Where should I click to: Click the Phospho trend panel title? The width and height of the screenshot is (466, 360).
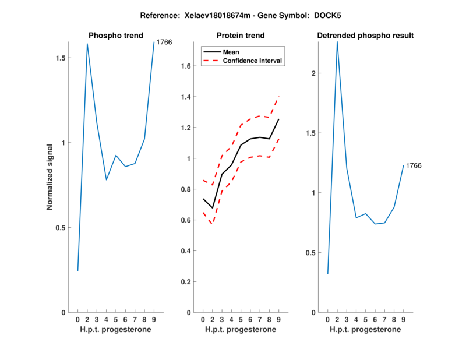click(x=115, y=36)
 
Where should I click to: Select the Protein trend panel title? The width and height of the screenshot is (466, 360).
click(x=241, y=36)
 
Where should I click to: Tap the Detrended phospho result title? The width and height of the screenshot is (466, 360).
click(x=365, y=36)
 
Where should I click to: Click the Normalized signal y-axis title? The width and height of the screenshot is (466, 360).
click(x=50, y=177)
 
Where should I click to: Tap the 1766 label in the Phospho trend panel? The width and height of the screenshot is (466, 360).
click(x=164, y=42)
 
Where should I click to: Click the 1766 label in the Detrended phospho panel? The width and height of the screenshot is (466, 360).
click(x=414, y=165)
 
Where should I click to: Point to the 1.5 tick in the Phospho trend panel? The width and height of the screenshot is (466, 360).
click(x=61, y=58)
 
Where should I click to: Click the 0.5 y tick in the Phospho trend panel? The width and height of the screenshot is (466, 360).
click(x=61, y=228)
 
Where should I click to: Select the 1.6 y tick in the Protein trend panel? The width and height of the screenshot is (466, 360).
click(x=186, y=66)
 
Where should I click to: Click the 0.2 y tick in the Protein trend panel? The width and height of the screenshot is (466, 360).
click(x=186, y=282)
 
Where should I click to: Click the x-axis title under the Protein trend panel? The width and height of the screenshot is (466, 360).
click(x=241, y=330)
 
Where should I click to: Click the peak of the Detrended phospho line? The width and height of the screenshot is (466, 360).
click(x=337, y=41)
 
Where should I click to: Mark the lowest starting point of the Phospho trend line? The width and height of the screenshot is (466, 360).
click(x=77, y=270)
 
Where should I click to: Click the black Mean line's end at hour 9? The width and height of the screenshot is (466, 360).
click(x=279, y=119)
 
